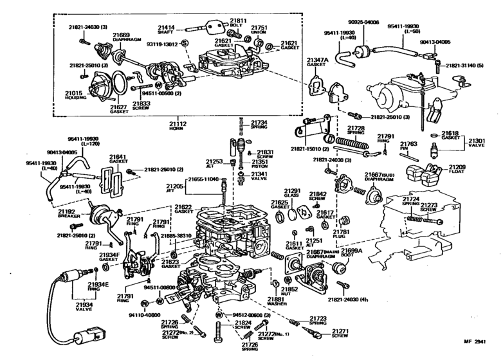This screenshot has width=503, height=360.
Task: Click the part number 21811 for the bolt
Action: click(x=239, y=20)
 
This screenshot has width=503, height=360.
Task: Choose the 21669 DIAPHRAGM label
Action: click(x=122, y=37)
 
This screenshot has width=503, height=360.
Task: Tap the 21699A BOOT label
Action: click(x=350, y=252)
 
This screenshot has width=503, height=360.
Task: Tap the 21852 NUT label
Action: click(x=289, y=292)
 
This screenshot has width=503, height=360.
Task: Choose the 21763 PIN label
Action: click(x=409, y=147)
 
